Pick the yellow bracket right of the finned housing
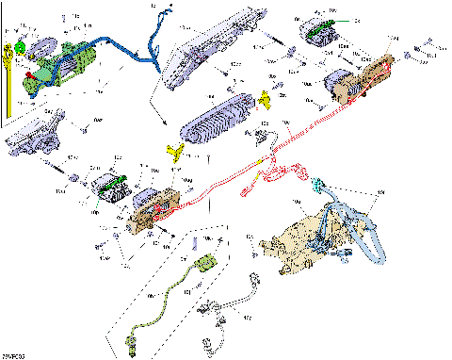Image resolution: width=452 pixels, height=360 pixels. [267, 98]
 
